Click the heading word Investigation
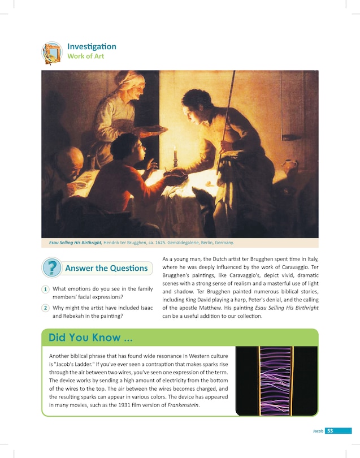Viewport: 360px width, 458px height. [x=92, y=46]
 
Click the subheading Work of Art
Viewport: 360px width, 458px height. [x=85, y=57]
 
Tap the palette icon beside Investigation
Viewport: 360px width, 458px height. [x=52, y=53]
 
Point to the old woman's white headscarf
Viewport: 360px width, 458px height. [x=129, y=79]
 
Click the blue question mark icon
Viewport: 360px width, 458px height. [x=52, y=267]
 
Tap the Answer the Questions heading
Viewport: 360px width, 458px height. [x=106, y=268]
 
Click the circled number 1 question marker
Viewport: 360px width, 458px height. [x=45, y=290]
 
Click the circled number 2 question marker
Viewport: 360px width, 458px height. [x=45, y=308]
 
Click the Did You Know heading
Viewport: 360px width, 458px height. [x=91, y=338]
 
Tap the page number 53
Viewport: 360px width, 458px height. [x=330, y=431]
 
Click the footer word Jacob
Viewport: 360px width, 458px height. [x=318, y=431]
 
